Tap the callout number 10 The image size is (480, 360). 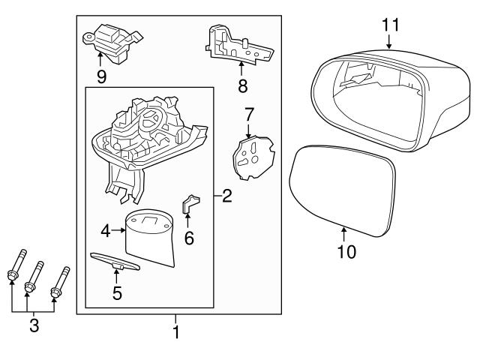tap(346, 251)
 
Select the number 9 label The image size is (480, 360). tap(101, 76)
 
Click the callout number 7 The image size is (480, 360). tap(249, 114)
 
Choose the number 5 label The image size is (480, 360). tap(117, 292)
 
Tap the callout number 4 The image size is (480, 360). tap(106, 232)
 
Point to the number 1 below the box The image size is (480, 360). tap(176, 331)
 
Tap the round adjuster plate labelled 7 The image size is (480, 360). tap(250, 154)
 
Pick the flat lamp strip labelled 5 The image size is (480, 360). tap(116, 260)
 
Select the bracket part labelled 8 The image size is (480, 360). tap(236, 45)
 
